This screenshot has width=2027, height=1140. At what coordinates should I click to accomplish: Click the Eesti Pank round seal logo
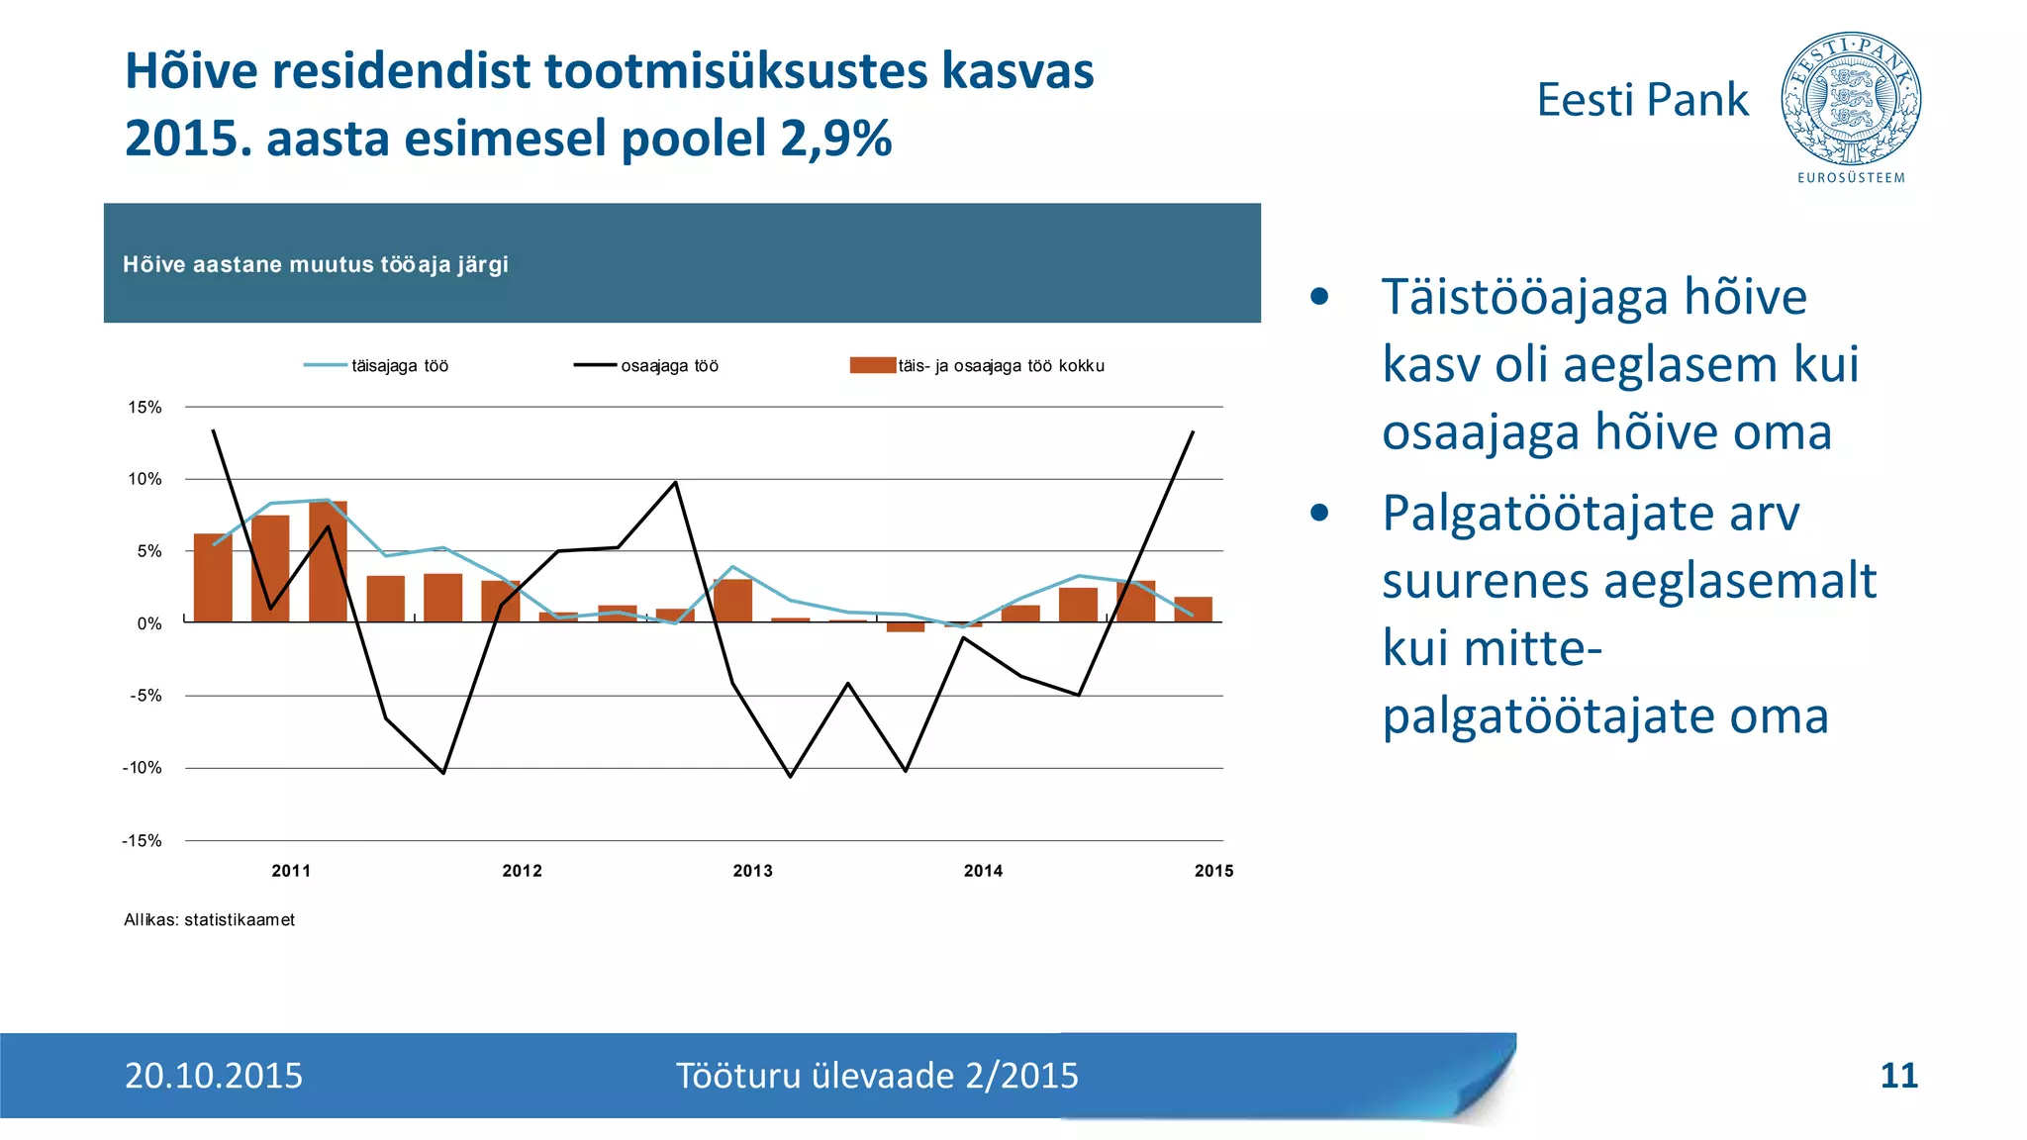(x=1850, y=98)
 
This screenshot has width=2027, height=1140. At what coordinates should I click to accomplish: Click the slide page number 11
(x=1897, y=1076)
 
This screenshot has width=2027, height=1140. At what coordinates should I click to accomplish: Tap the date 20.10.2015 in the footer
(x=214, y=1076)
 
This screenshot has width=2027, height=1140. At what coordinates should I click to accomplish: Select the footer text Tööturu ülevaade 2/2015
(x=877, y=1076)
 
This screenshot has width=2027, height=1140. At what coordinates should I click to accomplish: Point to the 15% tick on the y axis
(x=145, y=407)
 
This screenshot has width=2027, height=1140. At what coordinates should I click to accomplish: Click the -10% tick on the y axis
(x=143, y=768)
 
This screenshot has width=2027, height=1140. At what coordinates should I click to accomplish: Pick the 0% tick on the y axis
(x=148, y=623)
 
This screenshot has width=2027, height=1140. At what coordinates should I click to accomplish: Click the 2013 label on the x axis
(x=752, y=871)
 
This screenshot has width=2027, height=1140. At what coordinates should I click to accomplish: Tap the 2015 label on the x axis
(x=1213, y=871)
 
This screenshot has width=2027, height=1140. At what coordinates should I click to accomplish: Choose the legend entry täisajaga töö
(x=400, y=366)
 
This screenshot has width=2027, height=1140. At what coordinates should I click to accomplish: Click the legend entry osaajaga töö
(x=669, y=366)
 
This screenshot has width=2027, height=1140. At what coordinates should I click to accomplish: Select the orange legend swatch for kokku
(x=872, y=365)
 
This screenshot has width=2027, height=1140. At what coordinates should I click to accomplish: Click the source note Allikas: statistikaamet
(x=209, y=919)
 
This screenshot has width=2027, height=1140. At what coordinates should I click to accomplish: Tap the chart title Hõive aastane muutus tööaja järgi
(x=315, y=264)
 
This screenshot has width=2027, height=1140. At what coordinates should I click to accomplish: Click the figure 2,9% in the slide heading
(x=836, y=138)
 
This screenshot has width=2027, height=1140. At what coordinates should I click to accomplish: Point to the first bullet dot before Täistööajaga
(x=1318, y=297)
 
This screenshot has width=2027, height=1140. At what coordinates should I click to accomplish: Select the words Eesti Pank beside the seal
(x=1642, y=100)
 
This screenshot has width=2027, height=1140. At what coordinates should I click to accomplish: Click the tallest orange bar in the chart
(x=328, y=561)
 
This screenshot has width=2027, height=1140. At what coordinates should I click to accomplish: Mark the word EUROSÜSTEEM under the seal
(x=1850, y=178)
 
